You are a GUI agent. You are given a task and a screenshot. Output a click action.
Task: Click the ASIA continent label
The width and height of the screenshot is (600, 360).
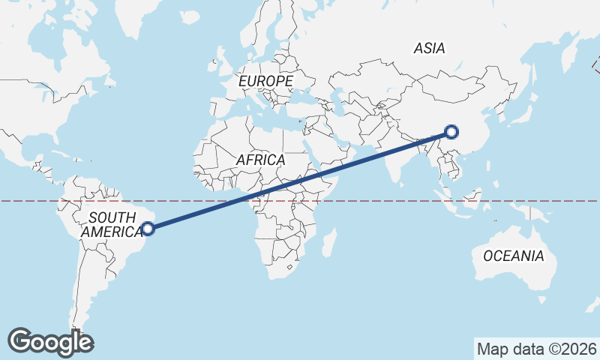coord(430,48)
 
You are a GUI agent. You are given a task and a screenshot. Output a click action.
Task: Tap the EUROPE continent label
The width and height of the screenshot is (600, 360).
coord(265,80)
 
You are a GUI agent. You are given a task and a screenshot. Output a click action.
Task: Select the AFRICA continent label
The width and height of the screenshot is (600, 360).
coord(260,160)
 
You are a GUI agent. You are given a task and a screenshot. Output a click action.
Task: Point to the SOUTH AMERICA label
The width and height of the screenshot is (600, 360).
coord(112,224)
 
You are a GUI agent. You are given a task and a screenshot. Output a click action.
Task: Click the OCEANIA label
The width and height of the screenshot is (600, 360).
coord(514,256)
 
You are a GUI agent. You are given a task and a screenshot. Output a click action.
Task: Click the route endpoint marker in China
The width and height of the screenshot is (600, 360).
coord(451,132)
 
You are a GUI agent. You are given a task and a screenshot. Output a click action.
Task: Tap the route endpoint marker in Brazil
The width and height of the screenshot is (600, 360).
coord(148,229)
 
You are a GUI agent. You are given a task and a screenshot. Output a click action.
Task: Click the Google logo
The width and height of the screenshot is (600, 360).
coord(50,341)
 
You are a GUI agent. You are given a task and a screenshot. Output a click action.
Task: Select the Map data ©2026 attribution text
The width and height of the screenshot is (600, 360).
coord(536,349)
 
